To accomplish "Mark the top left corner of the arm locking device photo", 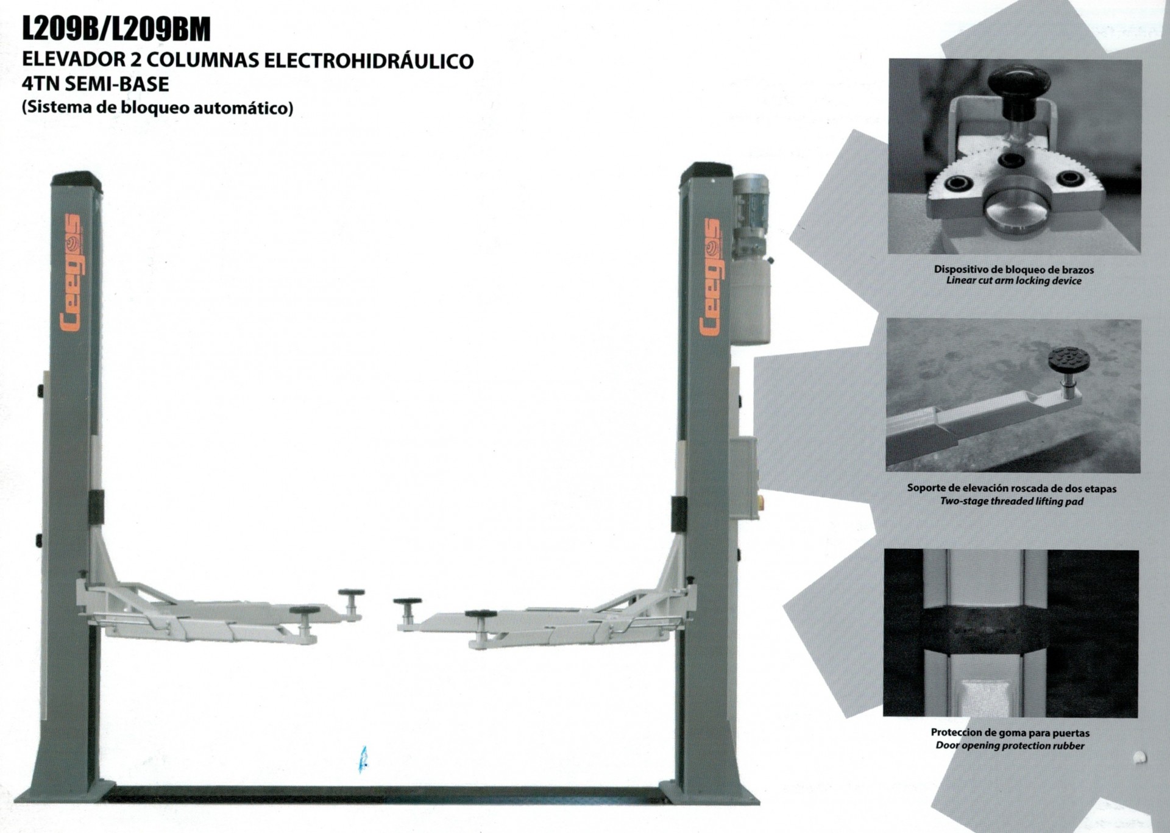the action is [x=889, y=59].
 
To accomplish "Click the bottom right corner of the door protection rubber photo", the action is [x=1138, y=717].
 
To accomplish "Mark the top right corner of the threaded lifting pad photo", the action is [x=1141, y=319].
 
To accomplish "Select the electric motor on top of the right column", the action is [x=750, y=213].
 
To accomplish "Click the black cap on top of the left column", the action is [x=77, y=179].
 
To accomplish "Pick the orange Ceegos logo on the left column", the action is [x=71, y=272].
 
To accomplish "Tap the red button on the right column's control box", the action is [x=760, y=502].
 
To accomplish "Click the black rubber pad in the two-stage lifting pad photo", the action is [x=1069, y=360].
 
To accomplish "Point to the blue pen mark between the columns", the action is [x=364, y=759].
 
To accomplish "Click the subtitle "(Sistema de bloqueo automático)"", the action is [x=158, y=108].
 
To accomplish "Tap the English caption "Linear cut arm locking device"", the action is [x=1014, y=281].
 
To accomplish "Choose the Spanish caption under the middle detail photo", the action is [x=1012, y=488].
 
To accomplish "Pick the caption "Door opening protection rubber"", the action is [x=1010, y=746].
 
